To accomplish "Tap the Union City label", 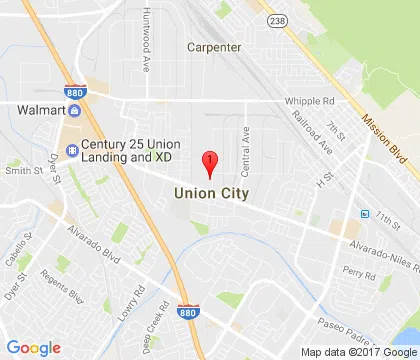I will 211,192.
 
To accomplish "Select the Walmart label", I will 41,109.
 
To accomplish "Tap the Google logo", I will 33,347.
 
